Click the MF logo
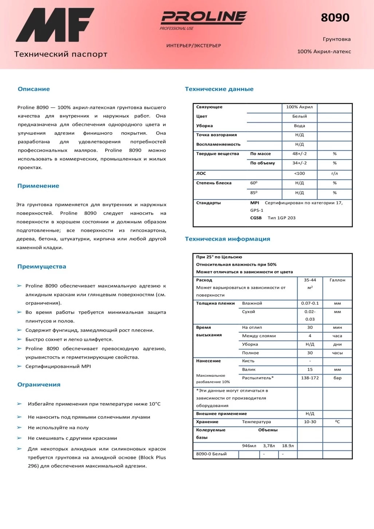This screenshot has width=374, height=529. (x=55, y=25)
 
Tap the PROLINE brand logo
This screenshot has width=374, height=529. (x=204, y=17)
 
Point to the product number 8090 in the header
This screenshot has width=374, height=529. (x=335, y=17)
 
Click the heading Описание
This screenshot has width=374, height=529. (x=34, y=89)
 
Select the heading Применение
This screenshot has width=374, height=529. (x=38, y=186)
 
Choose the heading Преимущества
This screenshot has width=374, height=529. (x=42, y=267)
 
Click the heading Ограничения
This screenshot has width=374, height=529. (x=39, y=385)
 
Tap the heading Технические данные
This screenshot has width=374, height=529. (x=219, y=89)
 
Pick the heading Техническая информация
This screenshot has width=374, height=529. (x=228, y=239)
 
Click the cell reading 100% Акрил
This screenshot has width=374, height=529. (x=299, y=107)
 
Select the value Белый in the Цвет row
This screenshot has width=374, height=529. (x=299, y=117)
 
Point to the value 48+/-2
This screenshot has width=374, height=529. (x=299, y=154)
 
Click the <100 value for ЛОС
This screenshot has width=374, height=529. (x=299, y=173)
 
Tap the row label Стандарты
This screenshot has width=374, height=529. (x=208, y=203)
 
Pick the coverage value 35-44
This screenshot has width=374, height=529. (x=310, y=280)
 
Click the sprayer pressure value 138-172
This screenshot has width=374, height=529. (x=310, y=378)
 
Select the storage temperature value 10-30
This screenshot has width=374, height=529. (x=310, y=422)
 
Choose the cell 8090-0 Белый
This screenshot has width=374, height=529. (x=211, y=454)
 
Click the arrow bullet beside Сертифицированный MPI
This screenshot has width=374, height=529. (x=19, y=367)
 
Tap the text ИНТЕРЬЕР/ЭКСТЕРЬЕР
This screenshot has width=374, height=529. (x=194, y=46)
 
